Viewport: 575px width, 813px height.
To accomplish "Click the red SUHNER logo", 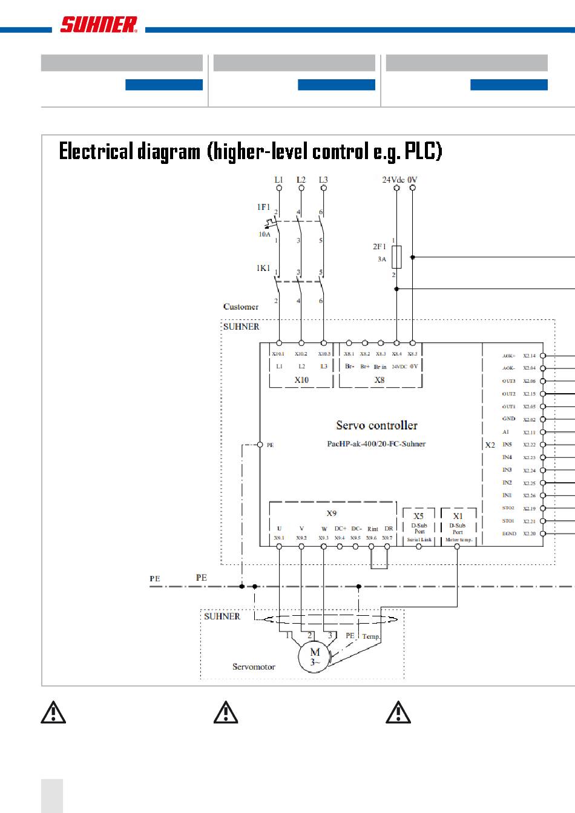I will coord(98,24).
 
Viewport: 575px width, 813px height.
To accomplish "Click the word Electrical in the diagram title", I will coord(96,151).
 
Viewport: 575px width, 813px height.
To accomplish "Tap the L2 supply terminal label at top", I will coord(301,180).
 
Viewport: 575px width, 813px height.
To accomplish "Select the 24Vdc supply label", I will coord(393,180).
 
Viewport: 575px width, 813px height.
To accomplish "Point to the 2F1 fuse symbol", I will coord(396,257).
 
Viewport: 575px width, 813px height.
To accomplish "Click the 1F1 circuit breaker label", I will coord(263,207).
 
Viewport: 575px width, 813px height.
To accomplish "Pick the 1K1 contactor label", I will coord(263,268).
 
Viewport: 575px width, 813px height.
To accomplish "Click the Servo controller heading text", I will coord(376,425).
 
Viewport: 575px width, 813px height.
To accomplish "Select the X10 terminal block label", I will coord(301,380).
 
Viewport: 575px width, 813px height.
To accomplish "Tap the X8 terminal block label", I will coord(379,380).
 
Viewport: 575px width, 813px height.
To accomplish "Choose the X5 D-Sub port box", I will coord(419,526).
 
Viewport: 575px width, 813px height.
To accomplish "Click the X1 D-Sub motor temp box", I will coord(458,526).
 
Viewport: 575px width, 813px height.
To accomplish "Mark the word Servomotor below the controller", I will coord(254,667).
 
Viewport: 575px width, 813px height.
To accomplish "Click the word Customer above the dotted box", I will coord(240,307).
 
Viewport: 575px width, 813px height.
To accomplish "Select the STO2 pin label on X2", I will coord(508,508).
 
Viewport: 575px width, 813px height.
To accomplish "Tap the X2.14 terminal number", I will coord(529,356).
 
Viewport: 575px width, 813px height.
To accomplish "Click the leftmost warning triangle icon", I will coord(53,713).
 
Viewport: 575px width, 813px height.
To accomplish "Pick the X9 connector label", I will coord(332,513).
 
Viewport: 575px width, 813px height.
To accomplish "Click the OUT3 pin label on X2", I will coord(508,381).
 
